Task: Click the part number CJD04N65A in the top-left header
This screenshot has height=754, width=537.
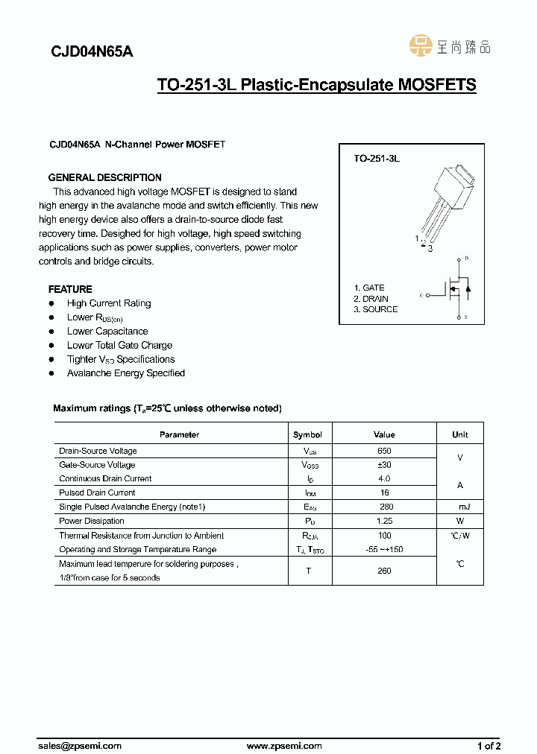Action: click(x=92, y=52)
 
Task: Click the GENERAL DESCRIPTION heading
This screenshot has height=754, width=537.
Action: click(x=104, y=177)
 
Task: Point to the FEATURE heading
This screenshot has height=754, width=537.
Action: click(x=70, y=289)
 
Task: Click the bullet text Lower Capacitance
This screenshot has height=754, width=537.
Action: click(x=107, y=331)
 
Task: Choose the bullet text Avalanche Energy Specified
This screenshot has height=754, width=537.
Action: click(x=126, y=373)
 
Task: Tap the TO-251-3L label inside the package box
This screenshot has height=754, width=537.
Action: click(x=377, y=159)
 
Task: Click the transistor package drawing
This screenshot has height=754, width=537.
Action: click(x=444, y=201)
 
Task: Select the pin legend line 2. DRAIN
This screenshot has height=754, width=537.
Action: click(x=371, y=298)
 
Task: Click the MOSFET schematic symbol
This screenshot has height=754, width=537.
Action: click(x=455, y=288)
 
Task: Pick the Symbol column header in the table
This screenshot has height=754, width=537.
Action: click(x=307, y=434)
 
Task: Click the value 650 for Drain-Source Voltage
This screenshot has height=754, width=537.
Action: click(x=384, y=451)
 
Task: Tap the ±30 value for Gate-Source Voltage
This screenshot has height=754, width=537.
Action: click(x=384, y=465)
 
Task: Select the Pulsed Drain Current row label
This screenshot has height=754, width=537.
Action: click(x=97, y=492)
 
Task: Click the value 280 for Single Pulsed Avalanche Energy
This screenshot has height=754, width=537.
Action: click(x=384, y=507)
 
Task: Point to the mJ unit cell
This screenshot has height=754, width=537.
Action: click(x=460, y=507)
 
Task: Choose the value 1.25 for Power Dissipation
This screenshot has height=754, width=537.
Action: click(x=384, y=521)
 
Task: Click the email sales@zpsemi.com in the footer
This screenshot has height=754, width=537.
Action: click(x=80, y=745)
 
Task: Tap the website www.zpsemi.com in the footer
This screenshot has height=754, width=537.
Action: click(x=284, y=745)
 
